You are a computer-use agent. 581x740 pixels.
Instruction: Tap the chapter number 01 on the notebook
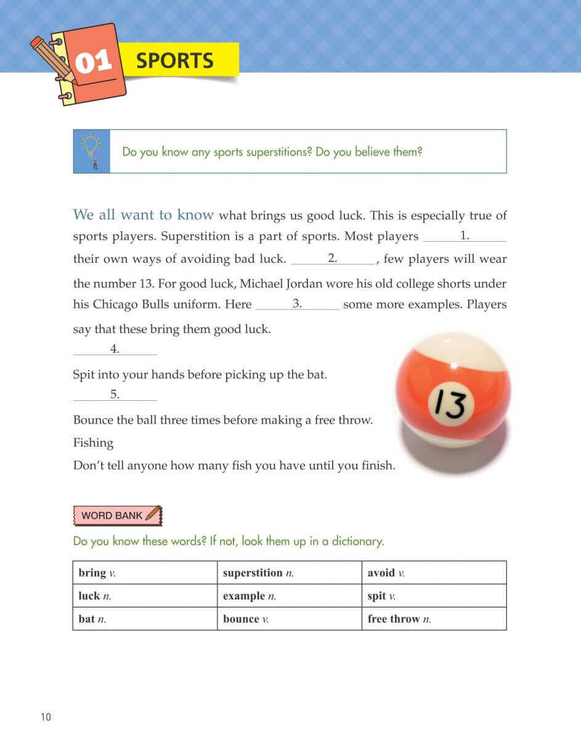point(93,62)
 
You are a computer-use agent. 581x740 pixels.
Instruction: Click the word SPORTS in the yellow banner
point(174,60)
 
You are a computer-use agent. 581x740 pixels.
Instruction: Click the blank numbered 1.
point(465,237)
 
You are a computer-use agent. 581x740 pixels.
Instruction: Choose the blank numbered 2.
point(333,260)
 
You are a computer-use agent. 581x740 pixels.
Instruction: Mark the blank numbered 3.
point(297,305)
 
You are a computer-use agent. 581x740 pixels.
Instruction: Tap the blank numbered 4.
point(115,350)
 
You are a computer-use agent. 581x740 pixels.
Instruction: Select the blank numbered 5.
point(115,395)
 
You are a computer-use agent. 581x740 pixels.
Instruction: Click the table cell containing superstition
point(289,573)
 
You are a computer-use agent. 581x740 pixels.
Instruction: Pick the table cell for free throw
point(434,619)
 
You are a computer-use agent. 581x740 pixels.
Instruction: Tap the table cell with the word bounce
point(289,619)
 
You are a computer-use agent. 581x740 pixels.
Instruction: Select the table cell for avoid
point(434,573)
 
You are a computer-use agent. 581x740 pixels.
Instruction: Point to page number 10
point(46,717)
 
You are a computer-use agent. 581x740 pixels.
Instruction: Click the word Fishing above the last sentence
point(93,443)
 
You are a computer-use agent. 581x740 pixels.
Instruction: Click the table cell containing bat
point(145,619)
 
